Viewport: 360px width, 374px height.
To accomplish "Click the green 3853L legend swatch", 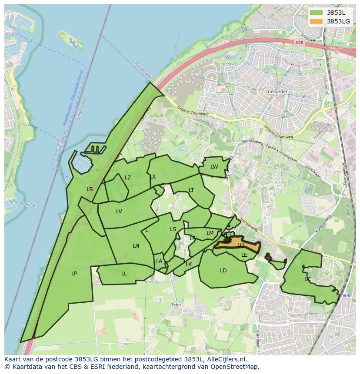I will pyautogui.click(x=317, y=13).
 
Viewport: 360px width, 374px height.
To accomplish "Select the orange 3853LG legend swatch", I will pyautogui.click(x=317, y=21).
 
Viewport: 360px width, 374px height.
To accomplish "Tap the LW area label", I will pyautogui.click(x=214, y=167).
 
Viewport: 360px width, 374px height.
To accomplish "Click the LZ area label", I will pyautogui.click(x=128, y=178).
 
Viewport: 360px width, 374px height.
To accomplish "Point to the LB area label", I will pyautogui.click(x=90, y=189).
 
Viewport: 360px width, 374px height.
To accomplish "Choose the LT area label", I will pyautogui.click(x=191, y=190).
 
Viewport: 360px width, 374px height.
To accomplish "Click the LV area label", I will pyautogui.click(x=119, y=212).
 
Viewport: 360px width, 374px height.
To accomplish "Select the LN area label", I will pyautogui.click(x=136, y=246).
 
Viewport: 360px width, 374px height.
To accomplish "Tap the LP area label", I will pyautogui.click(x=74, y=274).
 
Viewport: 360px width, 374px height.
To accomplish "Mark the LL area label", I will pyautogui.click(x=124, y=274).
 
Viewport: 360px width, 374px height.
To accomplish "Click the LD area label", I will pyautogui.click(x=223, y=271).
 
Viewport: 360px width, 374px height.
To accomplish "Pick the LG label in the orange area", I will pyautogui.click(x=241, y=245).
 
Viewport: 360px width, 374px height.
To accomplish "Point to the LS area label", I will pyautogui.click(x=173, y=229).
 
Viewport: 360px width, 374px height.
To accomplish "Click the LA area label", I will pyautogui.click(x=159, y=261).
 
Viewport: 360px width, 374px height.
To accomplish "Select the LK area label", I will pyautogui.click(x=189, y=265).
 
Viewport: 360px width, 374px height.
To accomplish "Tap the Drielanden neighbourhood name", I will pyautogui.click(x=274, y=92).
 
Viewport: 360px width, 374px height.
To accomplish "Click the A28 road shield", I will pyautogui.click(x=298, y=43).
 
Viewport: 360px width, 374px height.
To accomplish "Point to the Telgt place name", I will pyautogui.click(x=176, y=305).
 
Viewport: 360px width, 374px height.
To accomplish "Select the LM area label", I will pyautogui.click(x=210, y=233).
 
